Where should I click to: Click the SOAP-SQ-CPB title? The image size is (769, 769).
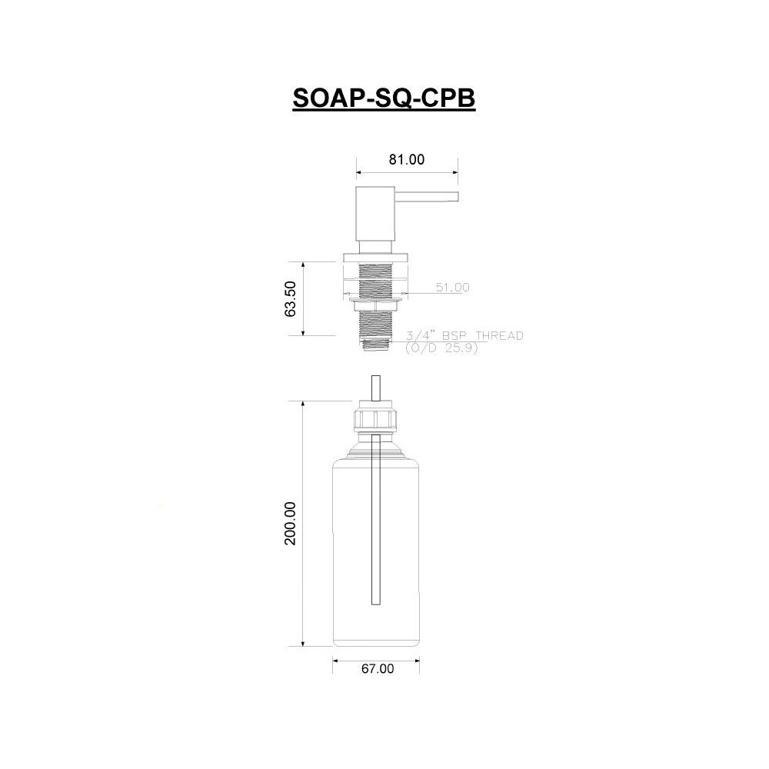click(x=384, y=98)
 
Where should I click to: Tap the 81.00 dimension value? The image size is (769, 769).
click(x=407, y=159)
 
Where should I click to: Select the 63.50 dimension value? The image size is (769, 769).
click(x=291, y=298)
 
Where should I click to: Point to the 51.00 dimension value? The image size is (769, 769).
click(x=453, y=288)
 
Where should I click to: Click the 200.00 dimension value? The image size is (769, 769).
click(x=291, y=523)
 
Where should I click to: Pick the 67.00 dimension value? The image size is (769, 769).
click(x=378, y=668)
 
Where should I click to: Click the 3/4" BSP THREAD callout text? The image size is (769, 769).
click(x=464, y=335)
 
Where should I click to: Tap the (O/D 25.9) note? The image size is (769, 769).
click(x=441, y=348)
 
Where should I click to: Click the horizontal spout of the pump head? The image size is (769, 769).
click(x=426, y=196)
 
